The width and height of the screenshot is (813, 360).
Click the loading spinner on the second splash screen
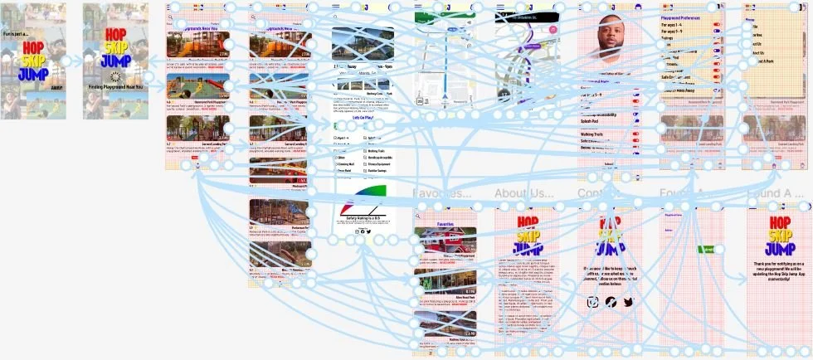point(115,76)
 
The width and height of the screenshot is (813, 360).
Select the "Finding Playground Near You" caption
point(115,86)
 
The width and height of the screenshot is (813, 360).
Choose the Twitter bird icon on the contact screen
point(628,302)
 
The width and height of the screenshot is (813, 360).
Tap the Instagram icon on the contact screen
point(592,302)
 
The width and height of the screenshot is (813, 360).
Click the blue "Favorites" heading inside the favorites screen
point(445,224)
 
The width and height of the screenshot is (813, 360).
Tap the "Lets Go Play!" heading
point(362,118)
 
